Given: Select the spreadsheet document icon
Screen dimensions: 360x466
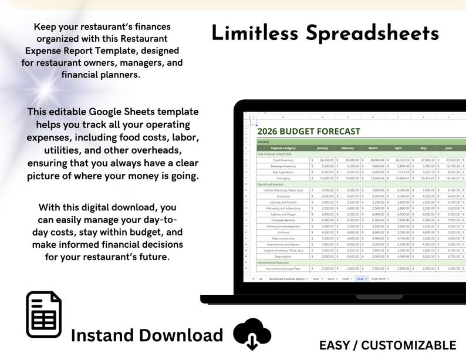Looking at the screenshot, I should (43, 315).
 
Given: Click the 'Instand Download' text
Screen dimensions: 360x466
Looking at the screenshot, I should (147, 335).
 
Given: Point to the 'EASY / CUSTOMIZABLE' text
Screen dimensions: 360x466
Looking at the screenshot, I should (387, 345).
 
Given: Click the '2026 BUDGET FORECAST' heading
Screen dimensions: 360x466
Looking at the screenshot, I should (309, 132).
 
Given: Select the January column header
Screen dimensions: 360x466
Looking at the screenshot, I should (322, 148).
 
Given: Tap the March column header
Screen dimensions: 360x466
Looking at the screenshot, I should (373, 148).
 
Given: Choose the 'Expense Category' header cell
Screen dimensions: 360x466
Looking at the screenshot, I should (283, 148).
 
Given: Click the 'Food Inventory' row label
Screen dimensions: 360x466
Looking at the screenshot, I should (283, 160).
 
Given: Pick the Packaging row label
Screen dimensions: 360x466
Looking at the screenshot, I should (283, 177).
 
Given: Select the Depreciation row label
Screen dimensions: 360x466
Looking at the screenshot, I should (283, 256).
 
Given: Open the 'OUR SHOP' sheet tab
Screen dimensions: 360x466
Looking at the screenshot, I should (379, 279).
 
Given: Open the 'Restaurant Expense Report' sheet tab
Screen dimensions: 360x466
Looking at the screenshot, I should (288, 279).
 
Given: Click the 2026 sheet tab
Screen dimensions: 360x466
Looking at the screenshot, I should (360, 279).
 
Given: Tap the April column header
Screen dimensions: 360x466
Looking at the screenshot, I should (398, 148).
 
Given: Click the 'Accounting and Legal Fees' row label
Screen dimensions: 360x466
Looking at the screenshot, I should (283, 268).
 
